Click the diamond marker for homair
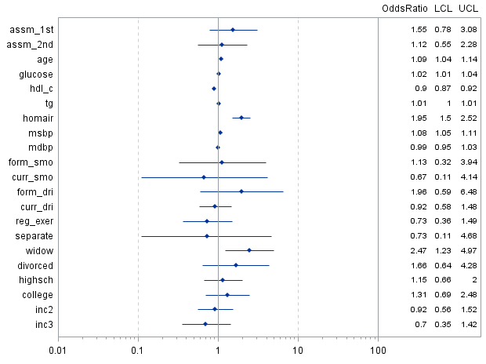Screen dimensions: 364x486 [241, 118]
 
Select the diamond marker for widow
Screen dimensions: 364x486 [249, 250]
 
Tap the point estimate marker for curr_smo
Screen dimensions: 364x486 [204, 177]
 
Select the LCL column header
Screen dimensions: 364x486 [443, 8]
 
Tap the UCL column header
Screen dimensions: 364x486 [469, 8]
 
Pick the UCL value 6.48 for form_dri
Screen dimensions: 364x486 [469, 191]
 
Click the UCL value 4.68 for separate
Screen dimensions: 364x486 [469, 235]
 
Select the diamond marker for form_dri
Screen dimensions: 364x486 [241, 191]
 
